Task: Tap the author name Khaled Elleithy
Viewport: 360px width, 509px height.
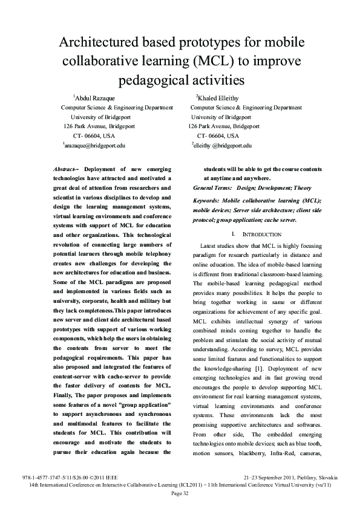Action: click(x=219, y=98)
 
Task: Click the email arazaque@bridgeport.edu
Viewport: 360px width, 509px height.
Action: click(x=95, y=146)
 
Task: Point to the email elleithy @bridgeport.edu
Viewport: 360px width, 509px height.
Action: click(x=222, y=146)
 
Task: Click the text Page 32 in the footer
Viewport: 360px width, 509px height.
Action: click(x=180, y=494)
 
